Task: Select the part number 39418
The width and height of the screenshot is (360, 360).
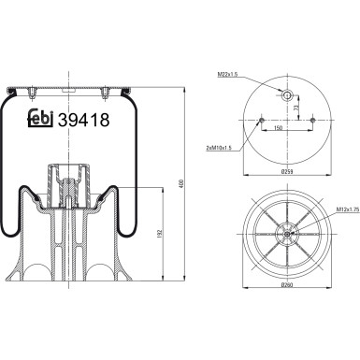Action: pos(85,120)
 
